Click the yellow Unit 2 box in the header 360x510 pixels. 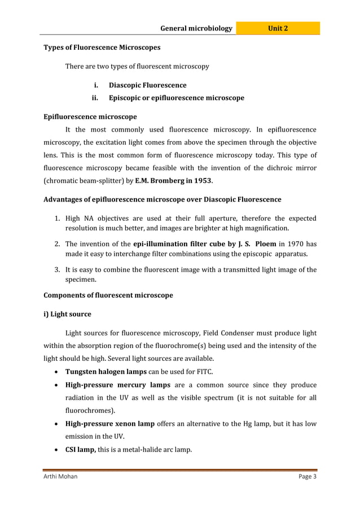[278, 28]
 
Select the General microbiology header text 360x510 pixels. [196, 28]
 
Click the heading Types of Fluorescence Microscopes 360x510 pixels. [102, 47]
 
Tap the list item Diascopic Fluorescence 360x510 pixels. [147, 85]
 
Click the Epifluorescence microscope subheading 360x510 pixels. [90, 117]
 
